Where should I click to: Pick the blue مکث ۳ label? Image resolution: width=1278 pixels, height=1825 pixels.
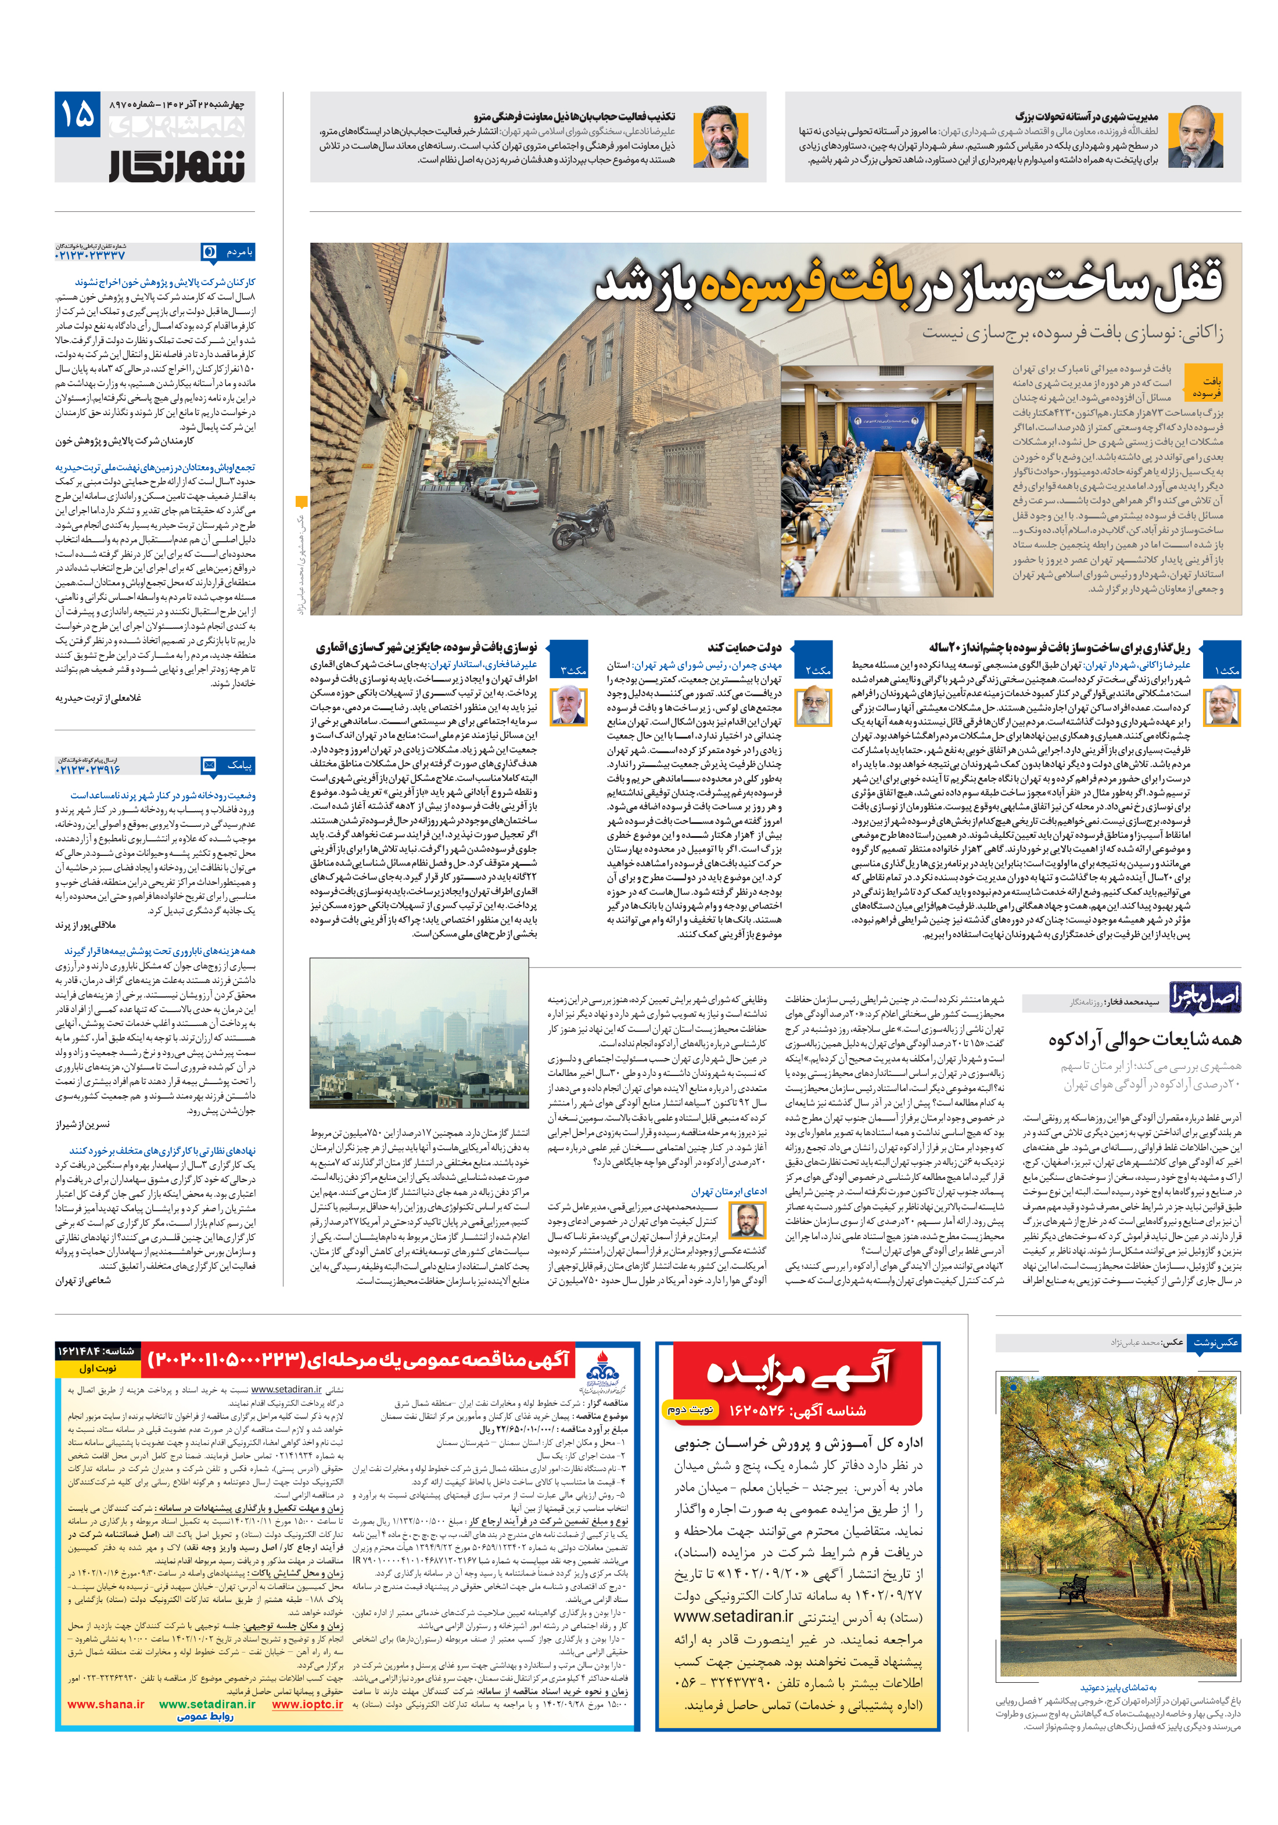[569, 670]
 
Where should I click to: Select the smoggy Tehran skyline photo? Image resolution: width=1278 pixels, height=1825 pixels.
[418, 1032]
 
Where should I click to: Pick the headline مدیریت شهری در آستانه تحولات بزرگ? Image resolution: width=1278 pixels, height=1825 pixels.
[1086, 117]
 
